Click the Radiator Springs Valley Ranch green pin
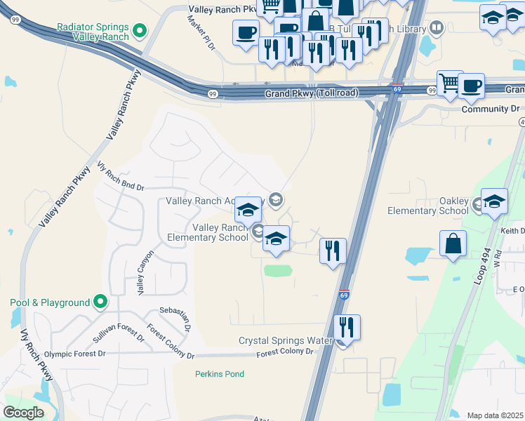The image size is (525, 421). tap(139, 31)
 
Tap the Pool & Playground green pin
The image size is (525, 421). tap(100, 302)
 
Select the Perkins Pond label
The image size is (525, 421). tap(220, 374)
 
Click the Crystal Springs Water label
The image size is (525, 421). tap(285, 340)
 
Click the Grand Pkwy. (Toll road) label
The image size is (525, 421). tap(312, 93)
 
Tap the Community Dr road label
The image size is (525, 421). tap(490, 109)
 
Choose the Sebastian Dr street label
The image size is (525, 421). tap(175, 317)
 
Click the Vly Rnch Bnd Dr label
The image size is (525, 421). tap(120, 178)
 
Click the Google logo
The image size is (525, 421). tap(23, 412)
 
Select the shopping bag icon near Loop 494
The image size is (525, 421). tap(453, 245)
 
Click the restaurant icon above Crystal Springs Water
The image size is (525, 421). tap(346, 326)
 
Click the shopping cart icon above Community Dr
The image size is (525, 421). tap(450, 83)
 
